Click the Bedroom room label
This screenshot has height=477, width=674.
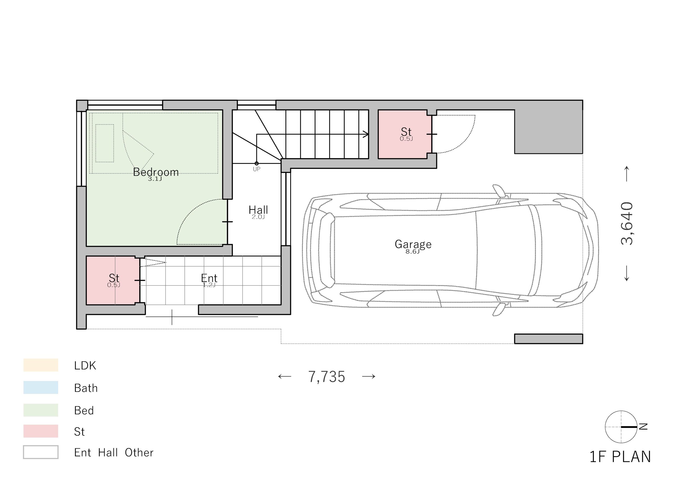click(x=156, y=172)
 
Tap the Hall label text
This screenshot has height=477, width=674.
click(x=258, y=210)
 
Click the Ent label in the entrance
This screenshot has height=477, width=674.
click(x=209, y=278)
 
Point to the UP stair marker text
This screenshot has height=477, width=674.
click(x=256, y=169)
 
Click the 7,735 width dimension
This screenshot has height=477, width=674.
click(x=327, y=377)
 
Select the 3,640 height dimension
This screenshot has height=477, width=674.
click(x=627, y=223)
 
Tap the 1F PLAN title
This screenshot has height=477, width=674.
click(x=620, y=457)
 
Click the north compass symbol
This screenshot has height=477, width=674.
click(x=621, y=426)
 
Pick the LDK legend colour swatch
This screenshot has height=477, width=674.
click(x=41, y=365)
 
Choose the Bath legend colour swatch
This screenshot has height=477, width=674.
click(x=41, y=387)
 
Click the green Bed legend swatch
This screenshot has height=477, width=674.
click(x=41, y=410)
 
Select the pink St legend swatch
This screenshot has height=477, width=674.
click(x=41, y=431)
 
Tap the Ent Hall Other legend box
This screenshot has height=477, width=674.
click(x=41, y=452)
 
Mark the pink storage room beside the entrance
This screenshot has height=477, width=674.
click(x=113, y=280)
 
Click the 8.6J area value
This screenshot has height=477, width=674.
click(x=413, y=252)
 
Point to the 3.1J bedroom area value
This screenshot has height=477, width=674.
click(x=155, y=179)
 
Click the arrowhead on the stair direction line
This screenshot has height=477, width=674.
click(x=366, y=134)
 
